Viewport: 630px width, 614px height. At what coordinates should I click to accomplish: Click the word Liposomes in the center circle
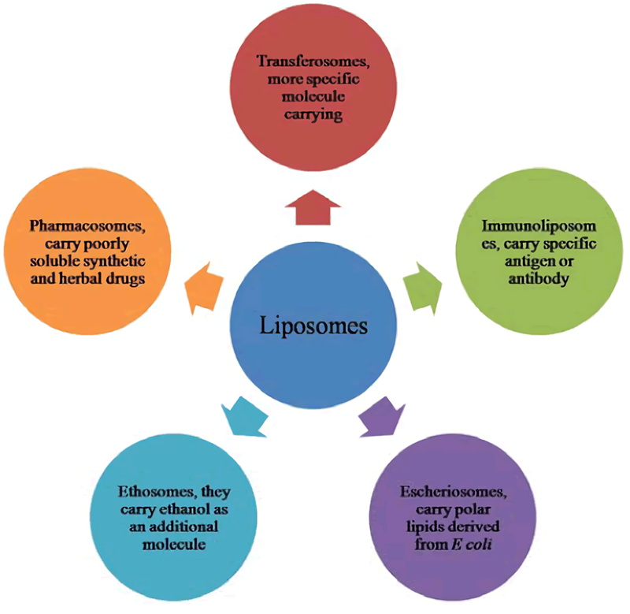pyautogui.click(x=315, y=325)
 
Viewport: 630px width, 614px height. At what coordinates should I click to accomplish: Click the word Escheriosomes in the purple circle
pyautogui.click(x=455, y=490)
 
